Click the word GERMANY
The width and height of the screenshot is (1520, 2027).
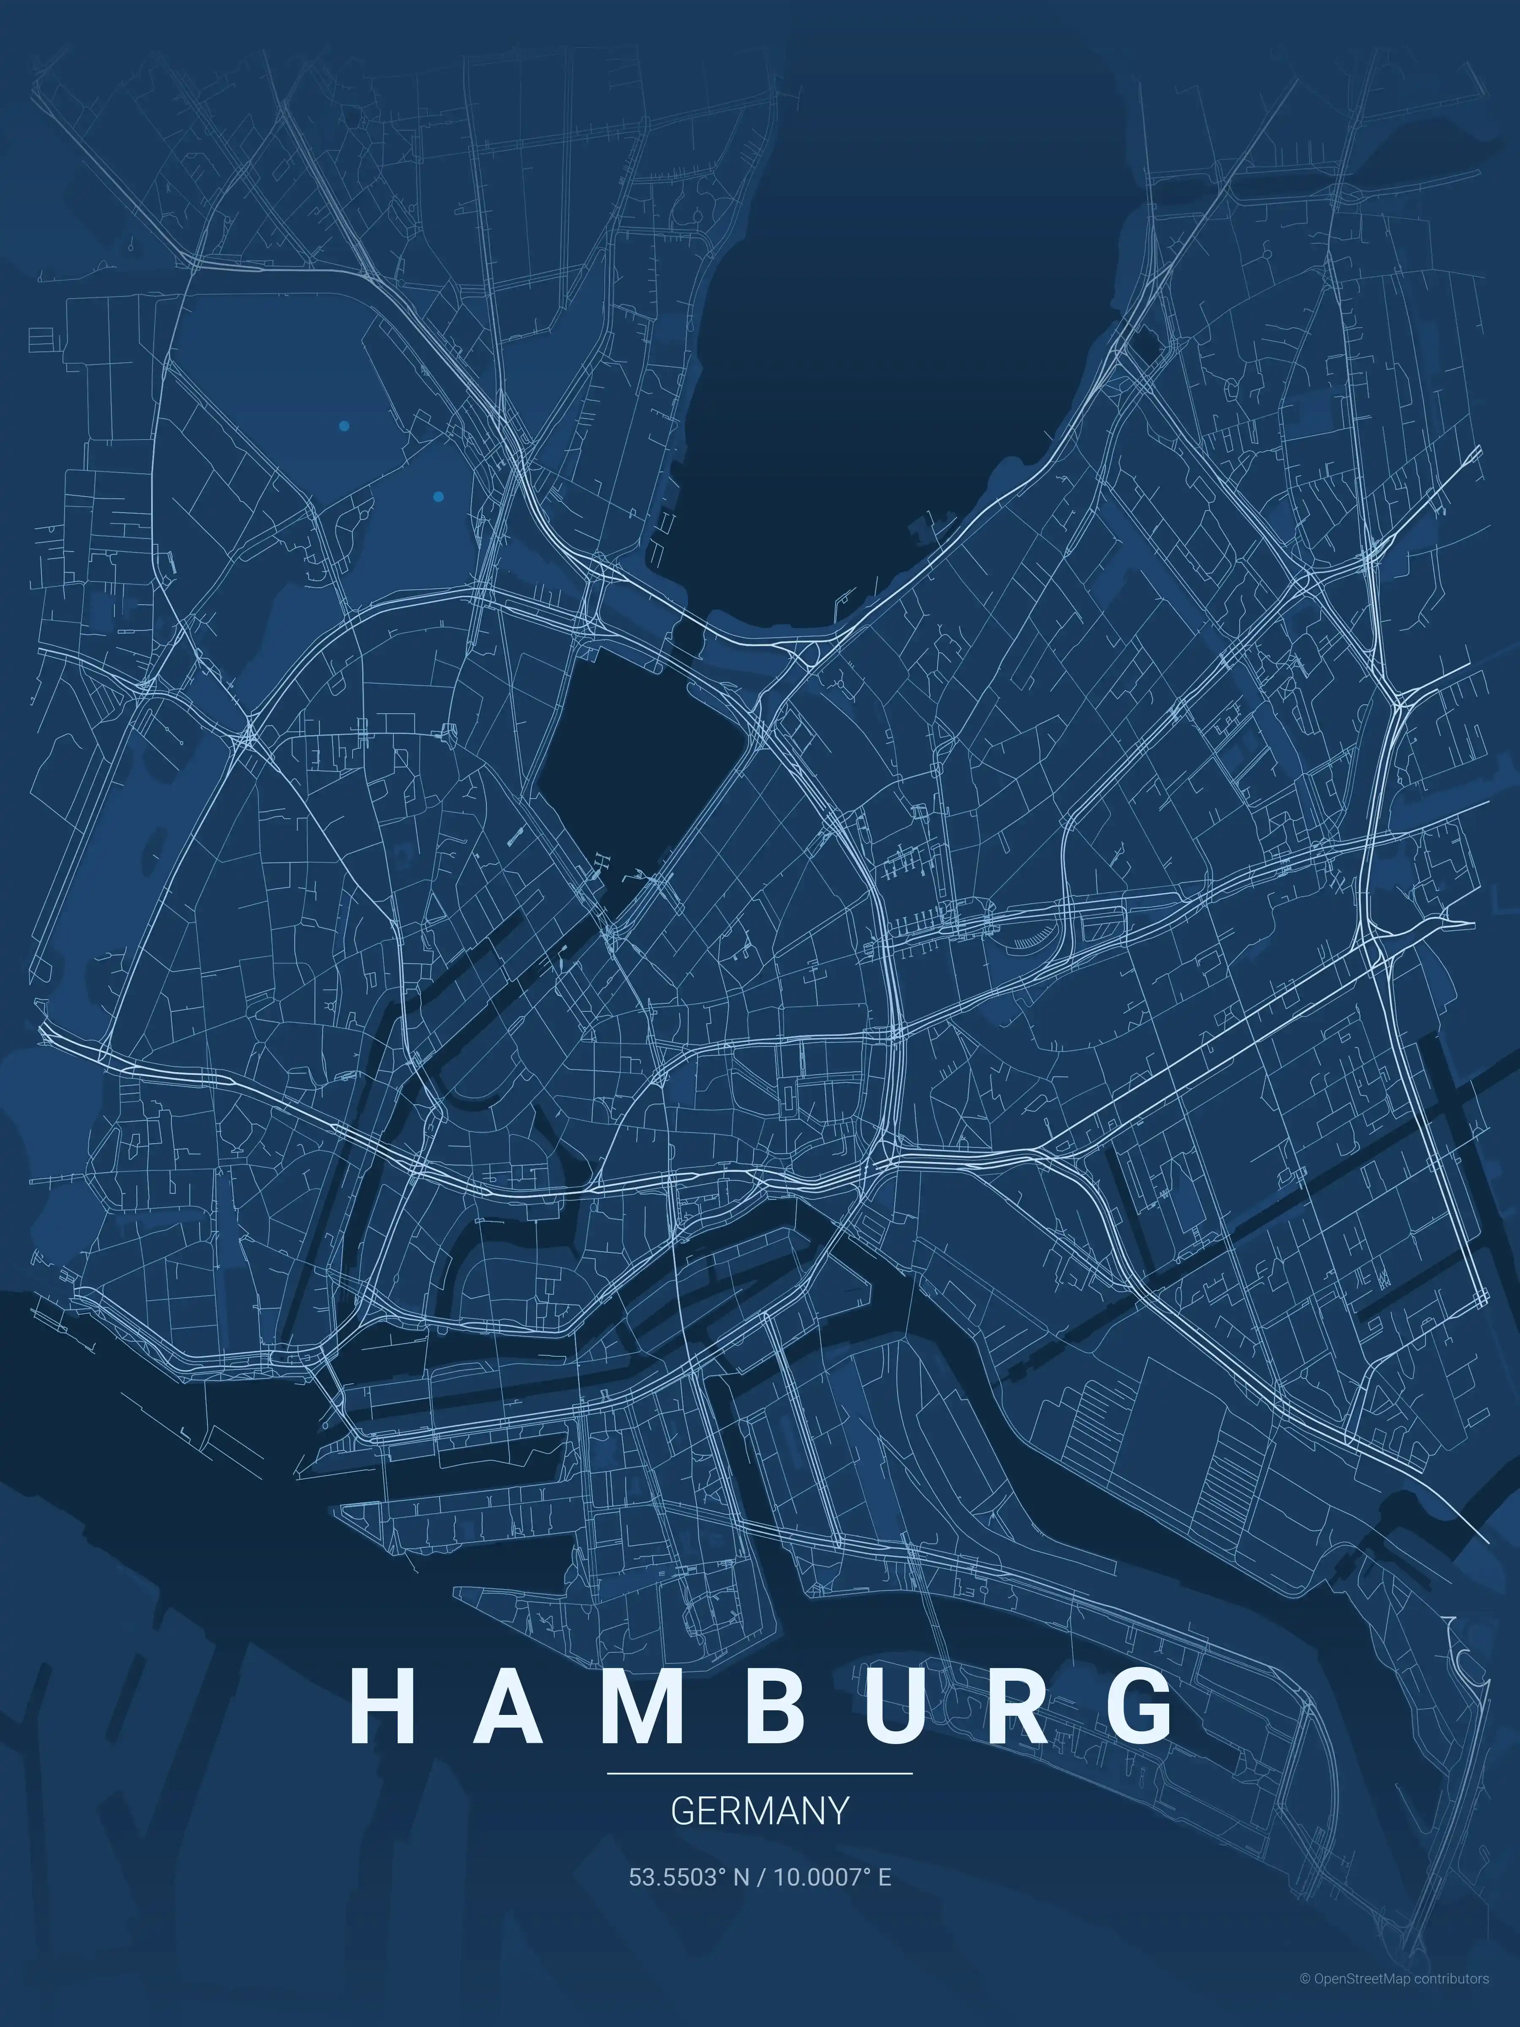point(760,1811)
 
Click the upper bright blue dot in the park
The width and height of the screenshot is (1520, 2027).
point(344,426)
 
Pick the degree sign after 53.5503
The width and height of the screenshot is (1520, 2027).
point(720,1872)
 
